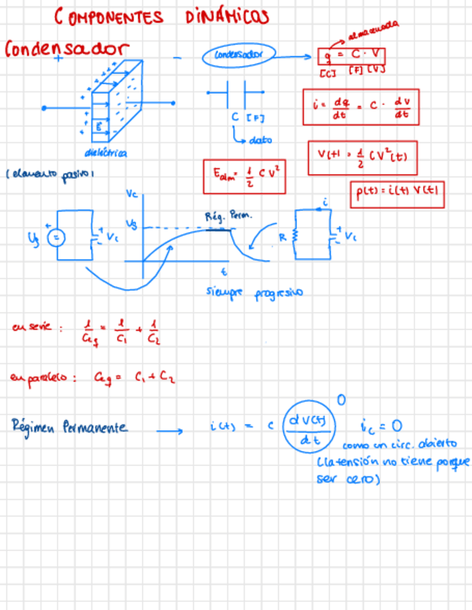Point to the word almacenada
pyautogui.click(x=373, y=32)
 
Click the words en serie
pyautogui.click(x=32, y=328)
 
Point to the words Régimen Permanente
pyautogui.click(x=70, y=427)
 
